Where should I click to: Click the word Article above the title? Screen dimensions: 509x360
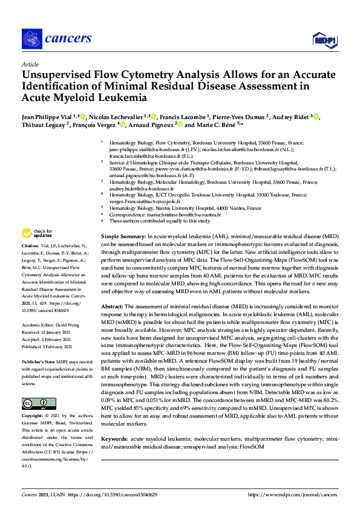click(30, 64)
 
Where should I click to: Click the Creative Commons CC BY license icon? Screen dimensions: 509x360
click(34, 403)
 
